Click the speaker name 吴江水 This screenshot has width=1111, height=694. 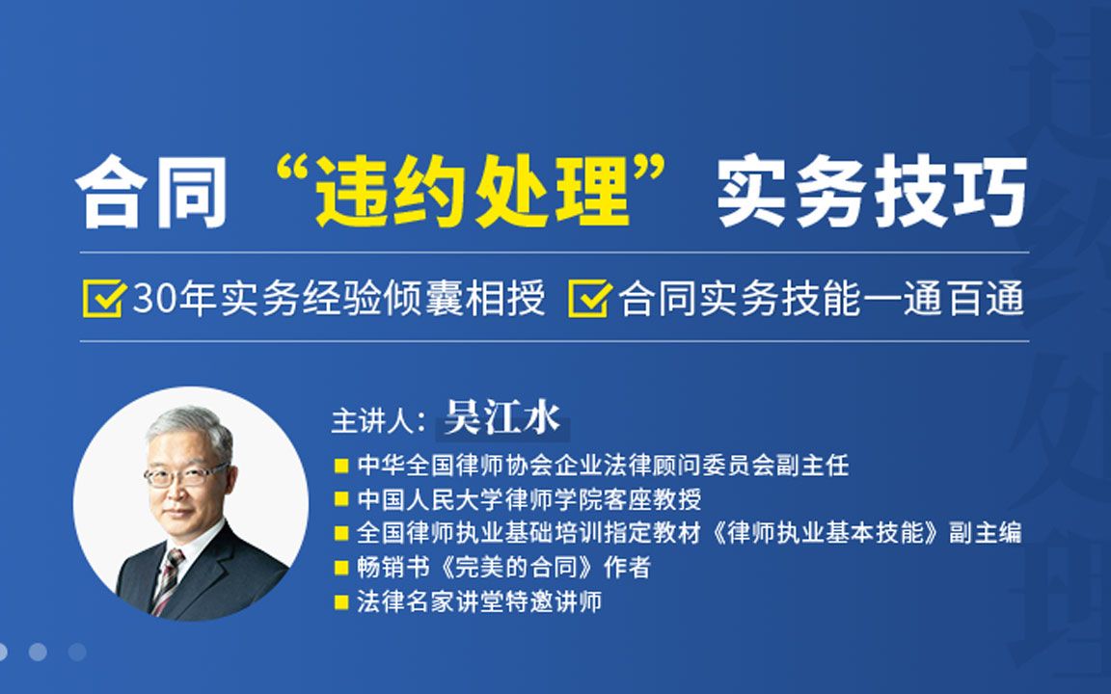[x=501, y=421]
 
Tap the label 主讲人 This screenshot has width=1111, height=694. [x=372, y=423]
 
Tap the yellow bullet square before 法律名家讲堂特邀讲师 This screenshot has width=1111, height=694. [x=341, y=602]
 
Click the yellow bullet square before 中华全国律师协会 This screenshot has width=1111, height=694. [x=341, y=466]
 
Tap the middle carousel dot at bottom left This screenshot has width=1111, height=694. [x=38, y=652]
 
